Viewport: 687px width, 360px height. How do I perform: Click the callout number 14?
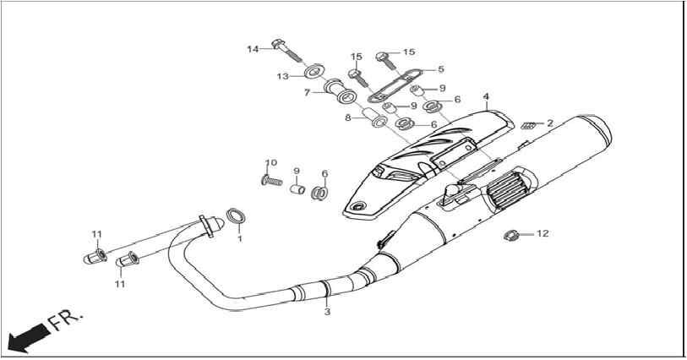[x=253, y=49]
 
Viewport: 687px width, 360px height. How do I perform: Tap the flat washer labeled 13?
[x=314, y=71]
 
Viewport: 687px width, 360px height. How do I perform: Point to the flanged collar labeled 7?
[x=340, y=91]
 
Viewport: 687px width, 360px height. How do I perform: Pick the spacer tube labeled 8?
[x=373, y=118]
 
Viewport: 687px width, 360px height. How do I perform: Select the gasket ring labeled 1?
[x=236, y=215]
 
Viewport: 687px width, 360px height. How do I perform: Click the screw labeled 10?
[x=271, y=179]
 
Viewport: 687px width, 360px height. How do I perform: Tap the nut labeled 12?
[x=511, y=236]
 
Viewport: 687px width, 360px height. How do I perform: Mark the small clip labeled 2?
[x=529, y=125]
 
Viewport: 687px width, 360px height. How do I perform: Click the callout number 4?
[x=487, y=96]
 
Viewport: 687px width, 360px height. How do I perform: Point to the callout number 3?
[x=327, y=312]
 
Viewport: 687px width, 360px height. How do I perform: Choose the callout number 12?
[x=543, y=234]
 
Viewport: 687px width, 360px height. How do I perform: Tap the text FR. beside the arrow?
[x=65, y=321]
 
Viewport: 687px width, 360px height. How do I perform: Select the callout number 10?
[x=271, y=163]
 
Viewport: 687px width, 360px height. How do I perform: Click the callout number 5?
[x=441, y=68]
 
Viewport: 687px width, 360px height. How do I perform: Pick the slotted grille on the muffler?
[x=504, y=189]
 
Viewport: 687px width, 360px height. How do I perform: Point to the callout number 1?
[x=240, y=238]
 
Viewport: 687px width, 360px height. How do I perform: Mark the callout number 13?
[x=282, y=77]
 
